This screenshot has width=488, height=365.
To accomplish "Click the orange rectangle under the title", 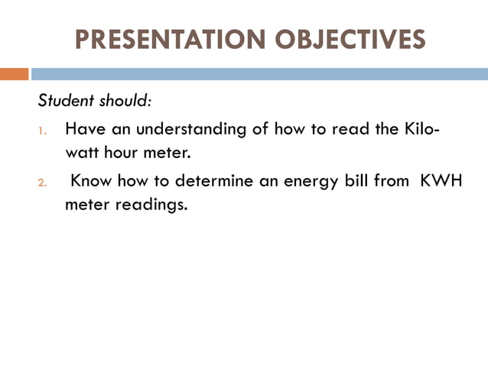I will tap(14, 74).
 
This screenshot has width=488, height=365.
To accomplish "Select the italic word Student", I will tap(66, 101).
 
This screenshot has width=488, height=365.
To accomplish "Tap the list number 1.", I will tap(43, 131).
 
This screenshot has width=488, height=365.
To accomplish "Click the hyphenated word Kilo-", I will tap(421, 129).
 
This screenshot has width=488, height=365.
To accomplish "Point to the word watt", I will tap(80, 152).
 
